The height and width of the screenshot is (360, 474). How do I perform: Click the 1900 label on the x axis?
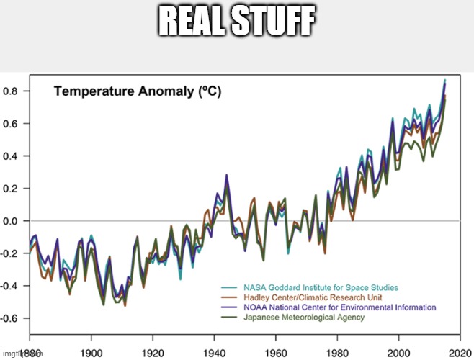tap(91, 354)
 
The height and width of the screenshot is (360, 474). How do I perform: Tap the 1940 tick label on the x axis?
tap(214, 354)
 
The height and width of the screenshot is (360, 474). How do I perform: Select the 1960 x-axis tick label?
tap(276, 354)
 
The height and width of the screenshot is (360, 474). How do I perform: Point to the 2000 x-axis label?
tap(399, 354)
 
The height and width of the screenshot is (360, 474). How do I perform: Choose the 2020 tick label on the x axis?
tap(460, 354)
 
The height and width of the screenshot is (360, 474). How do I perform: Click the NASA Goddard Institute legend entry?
tap(321, 288)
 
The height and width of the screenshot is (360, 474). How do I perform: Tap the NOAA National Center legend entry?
tap(339, 307)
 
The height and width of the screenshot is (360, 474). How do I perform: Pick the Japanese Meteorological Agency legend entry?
tap(303, 317)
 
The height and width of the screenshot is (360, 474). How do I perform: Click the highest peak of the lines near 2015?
tap(444, 80)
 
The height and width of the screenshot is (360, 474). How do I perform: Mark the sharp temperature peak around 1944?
tap(226, 175)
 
